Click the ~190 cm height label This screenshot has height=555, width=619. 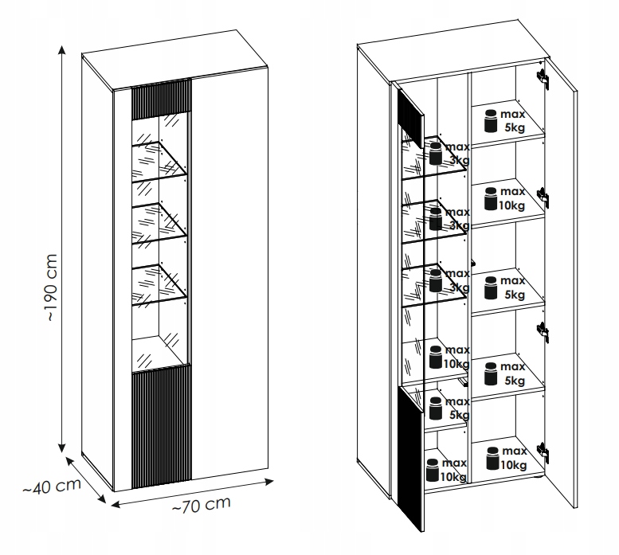49,287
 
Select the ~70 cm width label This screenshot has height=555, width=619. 201,505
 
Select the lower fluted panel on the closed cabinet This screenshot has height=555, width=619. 160,426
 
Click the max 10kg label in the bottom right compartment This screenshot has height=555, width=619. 512,458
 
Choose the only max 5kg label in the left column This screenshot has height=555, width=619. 457,409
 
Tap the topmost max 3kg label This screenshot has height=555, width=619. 456,154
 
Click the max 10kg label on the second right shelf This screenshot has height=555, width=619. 512,198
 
